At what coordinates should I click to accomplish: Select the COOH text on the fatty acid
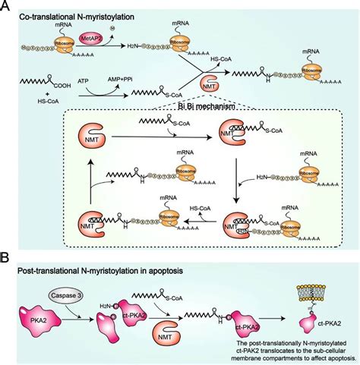pyautogui.click(x=77, y=86)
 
